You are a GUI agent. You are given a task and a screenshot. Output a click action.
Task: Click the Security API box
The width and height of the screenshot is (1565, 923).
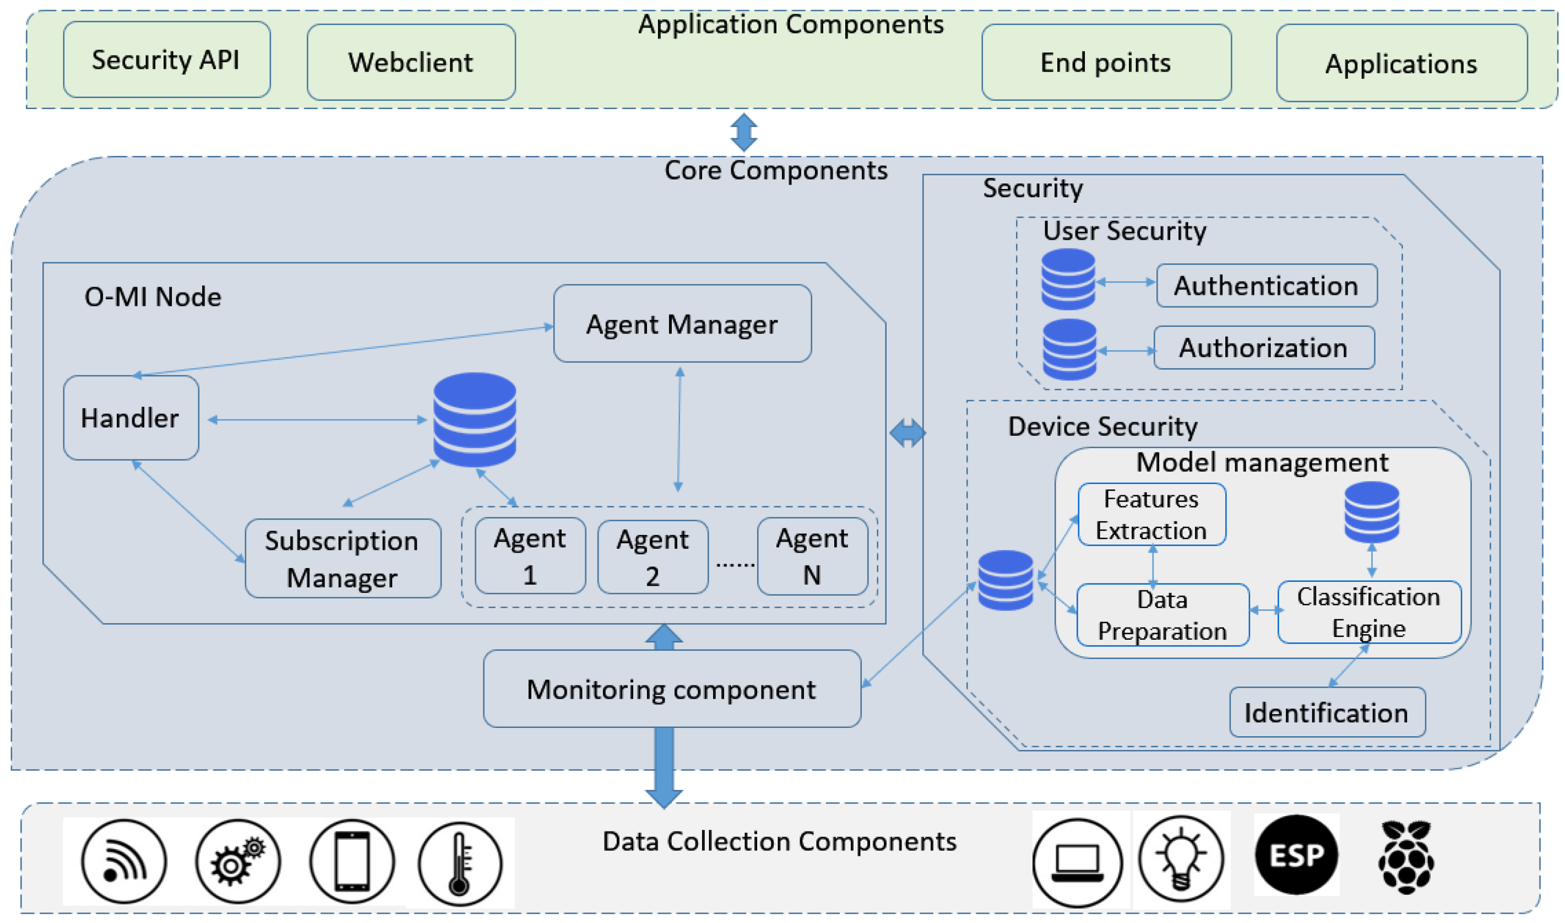pos(166,60)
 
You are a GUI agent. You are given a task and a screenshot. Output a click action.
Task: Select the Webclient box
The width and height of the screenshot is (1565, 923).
pos(411,62)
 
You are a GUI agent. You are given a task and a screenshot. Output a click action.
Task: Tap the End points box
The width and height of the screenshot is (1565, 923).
pos(1106,62)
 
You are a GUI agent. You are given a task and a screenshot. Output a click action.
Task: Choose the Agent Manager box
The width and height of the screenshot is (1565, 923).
pos(682,324)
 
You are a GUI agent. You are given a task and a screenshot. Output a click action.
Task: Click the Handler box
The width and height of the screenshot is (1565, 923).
pos(131,418)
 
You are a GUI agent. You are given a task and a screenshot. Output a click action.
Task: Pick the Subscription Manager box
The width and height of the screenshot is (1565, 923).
pos(343,559)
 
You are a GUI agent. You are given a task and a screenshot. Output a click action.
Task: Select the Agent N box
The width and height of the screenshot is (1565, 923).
pos(812,556)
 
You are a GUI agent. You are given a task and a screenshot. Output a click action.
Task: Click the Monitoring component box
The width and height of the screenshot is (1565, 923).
pos(671,689)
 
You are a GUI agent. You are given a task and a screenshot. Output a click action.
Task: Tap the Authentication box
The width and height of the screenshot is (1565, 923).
pos(1266,285)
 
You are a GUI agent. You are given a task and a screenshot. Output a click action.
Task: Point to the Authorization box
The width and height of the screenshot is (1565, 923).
pos(1264,348)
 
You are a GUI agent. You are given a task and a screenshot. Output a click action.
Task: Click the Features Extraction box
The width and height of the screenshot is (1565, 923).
pos(1151,514)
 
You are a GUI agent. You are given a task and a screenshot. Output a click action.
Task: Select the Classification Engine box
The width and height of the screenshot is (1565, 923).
pos(1368,612)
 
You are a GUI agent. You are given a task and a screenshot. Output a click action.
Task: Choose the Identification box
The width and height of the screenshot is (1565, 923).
pos(1327,712)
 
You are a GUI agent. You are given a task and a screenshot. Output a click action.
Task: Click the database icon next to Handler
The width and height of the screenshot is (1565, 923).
pos(474,419)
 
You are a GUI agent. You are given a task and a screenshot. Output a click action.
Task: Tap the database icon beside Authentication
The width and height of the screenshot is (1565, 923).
pos(1068,279)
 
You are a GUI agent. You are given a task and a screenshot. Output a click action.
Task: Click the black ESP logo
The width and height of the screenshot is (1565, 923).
pos(1296,855)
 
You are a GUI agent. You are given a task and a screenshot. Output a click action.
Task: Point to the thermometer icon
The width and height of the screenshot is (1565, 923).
pos(460,862)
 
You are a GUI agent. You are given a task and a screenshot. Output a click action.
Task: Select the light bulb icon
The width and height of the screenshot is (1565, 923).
pos(1180,859)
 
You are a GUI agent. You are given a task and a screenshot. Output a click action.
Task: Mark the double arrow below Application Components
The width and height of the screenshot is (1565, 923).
pos(743,132)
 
